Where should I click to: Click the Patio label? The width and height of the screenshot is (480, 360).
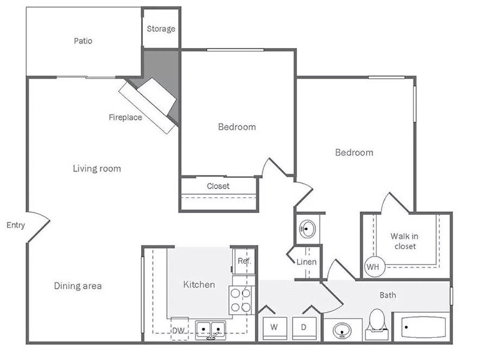(83, 41)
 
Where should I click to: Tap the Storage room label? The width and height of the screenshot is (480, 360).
(161, 29)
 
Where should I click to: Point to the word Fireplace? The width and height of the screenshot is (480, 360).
(125, 117)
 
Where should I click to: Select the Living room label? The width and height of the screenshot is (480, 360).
(97, 169)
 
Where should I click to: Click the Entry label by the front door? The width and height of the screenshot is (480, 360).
(16, 226)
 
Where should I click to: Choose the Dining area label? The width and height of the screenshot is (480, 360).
(78, 286)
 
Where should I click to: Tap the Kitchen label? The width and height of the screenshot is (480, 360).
(199, 284)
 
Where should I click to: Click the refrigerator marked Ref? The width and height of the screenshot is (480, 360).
(244, 261)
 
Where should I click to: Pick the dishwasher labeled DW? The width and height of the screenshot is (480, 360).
(179, 329)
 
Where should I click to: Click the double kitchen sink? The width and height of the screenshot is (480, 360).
(211, 330)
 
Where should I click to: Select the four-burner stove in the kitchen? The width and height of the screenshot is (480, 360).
(241, 301)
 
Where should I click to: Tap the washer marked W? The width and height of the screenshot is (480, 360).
(275, 328)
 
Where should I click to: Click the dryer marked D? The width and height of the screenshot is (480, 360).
(304, 328)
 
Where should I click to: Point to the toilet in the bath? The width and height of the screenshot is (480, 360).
(377, 324)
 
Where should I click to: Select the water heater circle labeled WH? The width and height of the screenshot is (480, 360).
(374, 266)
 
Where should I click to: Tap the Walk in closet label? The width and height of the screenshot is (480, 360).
(404, 241)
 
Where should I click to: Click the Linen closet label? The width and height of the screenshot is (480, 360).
(307, 262)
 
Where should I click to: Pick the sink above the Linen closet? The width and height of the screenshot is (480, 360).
(308, 229)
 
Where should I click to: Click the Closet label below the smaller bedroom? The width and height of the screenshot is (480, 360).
(218, 186)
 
